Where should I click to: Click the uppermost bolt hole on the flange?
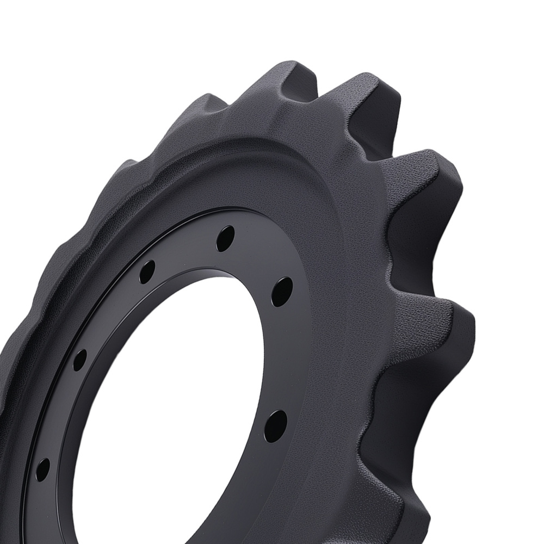[225, 238]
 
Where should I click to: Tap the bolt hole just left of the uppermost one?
[147, 271]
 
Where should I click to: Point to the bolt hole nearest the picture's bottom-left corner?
[42, 467]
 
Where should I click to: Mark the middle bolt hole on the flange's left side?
[80, 360]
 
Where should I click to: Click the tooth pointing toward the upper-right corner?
[430, 169]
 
